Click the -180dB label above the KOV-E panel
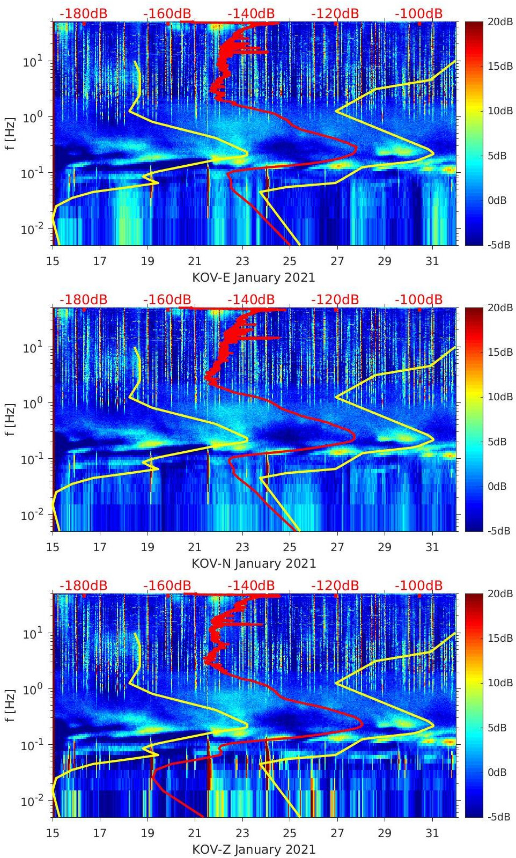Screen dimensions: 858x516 pos(83,13)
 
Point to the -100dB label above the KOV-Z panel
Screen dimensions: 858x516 pos(418,585)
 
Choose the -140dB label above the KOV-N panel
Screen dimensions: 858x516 pos(251,299)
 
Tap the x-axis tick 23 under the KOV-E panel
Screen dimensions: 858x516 pos(242,261)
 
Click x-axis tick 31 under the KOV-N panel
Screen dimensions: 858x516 pos(432,547)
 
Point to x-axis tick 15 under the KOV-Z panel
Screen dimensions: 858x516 pos(53,833)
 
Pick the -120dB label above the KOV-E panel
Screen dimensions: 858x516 pos(335,13)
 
